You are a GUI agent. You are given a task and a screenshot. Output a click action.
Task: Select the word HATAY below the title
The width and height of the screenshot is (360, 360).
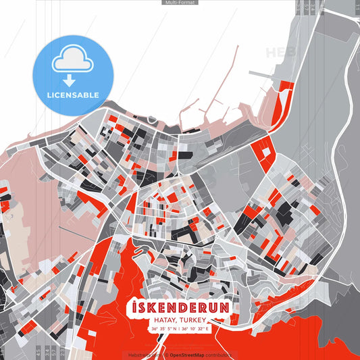tap(166, 319)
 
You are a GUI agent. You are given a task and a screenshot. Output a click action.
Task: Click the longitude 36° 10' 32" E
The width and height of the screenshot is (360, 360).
tap(196, 329)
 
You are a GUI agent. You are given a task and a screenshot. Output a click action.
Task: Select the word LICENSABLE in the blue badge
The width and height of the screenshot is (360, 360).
tap(73, 95)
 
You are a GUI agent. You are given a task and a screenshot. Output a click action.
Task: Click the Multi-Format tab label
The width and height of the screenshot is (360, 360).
tap(180, 3)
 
